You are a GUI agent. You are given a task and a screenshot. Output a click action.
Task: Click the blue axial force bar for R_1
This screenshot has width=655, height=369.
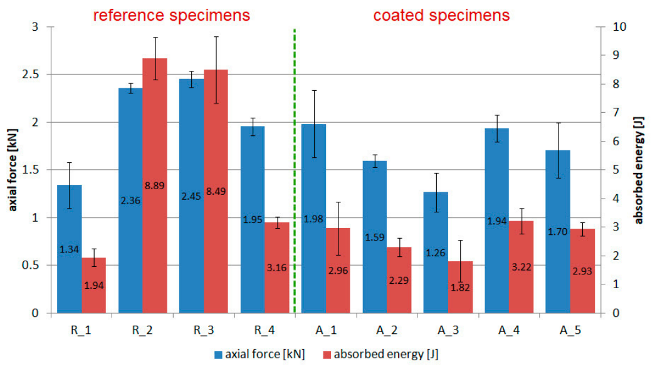click(70, 249)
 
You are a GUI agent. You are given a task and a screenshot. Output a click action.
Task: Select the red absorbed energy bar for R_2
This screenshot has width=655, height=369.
click(155, 185)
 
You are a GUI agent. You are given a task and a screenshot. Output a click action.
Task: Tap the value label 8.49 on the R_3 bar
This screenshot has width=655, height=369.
click(216, 192)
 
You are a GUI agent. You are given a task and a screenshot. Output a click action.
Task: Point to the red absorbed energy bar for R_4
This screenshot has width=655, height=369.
click(277, 268)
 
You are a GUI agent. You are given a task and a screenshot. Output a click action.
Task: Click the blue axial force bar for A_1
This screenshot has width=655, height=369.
click(314, 218)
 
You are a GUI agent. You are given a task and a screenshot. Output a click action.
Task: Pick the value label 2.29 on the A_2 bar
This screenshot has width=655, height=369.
click(399, 281)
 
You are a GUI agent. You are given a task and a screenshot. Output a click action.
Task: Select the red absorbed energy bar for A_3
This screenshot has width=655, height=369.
click(460, 287)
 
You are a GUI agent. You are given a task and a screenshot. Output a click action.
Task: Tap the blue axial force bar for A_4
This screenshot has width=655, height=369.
click(496, 221)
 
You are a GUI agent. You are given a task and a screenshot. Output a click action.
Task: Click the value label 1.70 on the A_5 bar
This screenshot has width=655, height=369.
click(558, 232)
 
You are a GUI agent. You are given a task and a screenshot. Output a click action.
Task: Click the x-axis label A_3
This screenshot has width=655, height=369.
click(448, 330)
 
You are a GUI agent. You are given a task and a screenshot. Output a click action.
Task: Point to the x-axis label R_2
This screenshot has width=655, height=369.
click(142, 330)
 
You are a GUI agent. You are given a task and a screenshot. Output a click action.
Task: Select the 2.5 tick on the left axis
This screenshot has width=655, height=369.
click(30, 75)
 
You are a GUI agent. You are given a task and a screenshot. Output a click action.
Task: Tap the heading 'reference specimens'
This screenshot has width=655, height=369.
click(172, 16)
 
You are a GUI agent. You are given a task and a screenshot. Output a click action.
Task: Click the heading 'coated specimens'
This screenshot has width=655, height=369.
click(441, 16)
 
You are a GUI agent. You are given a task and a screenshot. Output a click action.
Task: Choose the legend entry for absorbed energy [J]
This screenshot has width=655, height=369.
click(380, 355)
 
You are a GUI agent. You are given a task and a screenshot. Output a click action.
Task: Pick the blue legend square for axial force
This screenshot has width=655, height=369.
click(218, 355)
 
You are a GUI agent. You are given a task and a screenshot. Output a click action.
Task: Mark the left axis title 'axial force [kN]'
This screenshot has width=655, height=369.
click(13, 170)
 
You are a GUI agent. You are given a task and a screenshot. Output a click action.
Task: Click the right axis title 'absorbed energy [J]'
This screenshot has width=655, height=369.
click(639, 170)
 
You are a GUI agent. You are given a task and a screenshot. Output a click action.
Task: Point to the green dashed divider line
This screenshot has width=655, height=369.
click(295, 171)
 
